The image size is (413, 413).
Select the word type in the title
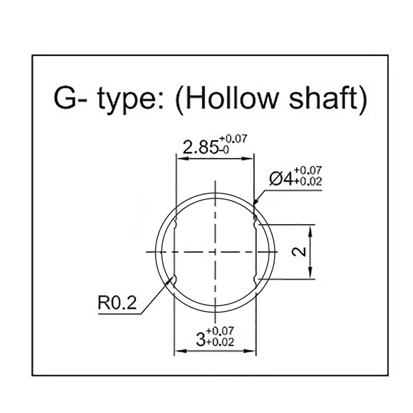point(126,99)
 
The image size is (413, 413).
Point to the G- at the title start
point(70,98)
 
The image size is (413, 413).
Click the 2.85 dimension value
point(196,148)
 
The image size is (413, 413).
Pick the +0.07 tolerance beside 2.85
point(233,139)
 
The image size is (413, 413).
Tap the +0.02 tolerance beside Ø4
point(308,181)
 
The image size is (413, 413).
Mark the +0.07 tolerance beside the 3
point(220,330)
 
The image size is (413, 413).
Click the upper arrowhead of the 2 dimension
point(310,228)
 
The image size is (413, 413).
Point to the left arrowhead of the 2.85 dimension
point(179,158)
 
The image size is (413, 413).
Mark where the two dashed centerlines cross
point(214,251)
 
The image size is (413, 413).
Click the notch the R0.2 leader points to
point(173,279)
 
